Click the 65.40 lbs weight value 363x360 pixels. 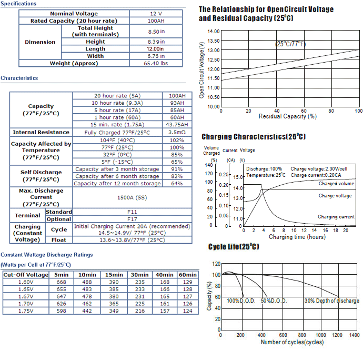[156, 63]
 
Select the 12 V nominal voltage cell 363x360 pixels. [156, 14]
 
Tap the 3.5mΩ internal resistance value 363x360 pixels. [177, 132]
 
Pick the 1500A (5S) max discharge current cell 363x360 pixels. [132, 197]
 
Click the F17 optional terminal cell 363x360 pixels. [132, 219]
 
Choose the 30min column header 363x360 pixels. [139, 275]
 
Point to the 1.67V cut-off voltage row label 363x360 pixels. [26, 296]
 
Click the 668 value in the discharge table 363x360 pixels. [62, 282]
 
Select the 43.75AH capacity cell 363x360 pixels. [177, 125]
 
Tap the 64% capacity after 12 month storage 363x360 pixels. [177, 184]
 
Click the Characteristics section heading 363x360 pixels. [19, 78]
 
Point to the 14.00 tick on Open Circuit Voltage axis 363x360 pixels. [214, 31]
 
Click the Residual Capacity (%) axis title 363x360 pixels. [288, 116]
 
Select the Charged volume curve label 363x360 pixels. [336, 184]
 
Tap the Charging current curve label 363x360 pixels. [336, 217]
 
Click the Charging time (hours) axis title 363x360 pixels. [297, 237]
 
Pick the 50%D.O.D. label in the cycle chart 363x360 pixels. [274, 301]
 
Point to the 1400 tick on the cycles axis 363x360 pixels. [355, 335]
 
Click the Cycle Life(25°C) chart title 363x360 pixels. [234, 247]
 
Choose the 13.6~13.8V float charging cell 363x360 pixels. [132, 240]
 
